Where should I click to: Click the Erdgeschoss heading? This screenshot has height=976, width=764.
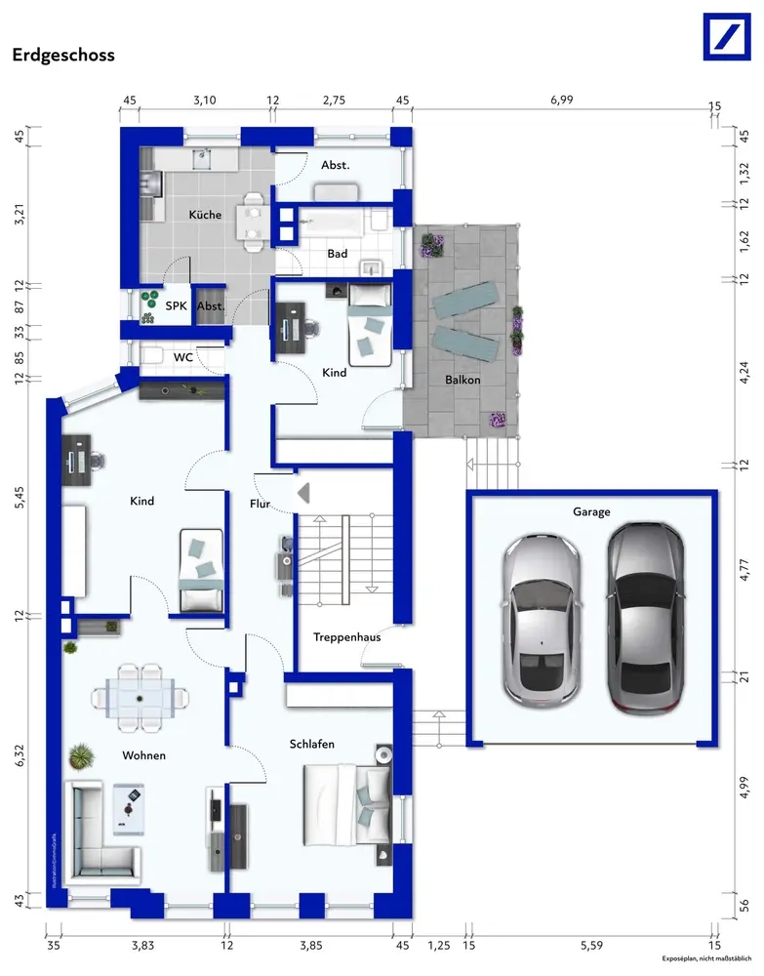tap(63, 55)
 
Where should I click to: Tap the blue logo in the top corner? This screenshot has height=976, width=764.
tap(727, 37)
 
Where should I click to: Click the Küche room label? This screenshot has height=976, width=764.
tap(205, 215)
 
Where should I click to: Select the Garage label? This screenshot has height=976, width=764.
tap(591, 511)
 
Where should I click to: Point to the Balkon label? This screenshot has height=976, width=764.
tap(462, 379)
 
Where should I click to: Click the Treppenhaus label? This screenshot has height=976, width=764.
tap(346, 636)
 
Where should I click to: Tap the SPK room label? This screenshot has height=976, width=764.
tap(176, 305)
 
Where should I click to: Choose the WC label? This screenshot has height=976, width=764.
tap(182, 357)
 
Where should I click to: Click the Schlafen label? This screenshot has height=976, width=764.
tap(311, 744)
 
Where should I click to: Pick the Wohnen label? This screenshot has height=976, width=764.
tap(143, 755)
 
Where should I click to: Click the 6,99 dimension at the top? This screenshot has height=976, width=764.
tap(561, 100)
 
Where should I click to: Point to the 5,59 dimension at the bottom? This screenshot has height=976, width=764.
tap(591, 946)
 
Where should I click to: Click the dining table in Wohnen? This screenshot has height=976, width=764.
tap(140, 698)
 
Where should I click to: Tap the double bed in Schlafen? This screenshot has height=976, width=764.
tap(347, 804)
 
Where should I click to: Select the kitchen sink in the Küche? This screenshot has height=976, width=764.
tap(203, 159)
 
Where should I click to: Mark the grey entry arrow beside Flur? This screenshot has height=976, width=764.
tap(303, 493)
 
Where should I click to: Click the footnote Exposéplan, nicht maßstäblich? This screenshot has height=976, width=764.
tap(706, 958)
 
